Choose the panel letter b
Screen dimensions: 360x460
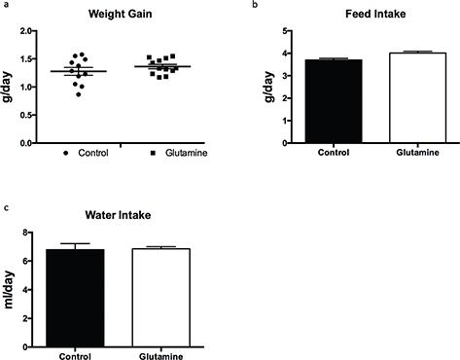(255, 6)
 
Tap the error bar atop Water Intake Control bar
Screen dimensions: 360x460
(75, 244)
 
